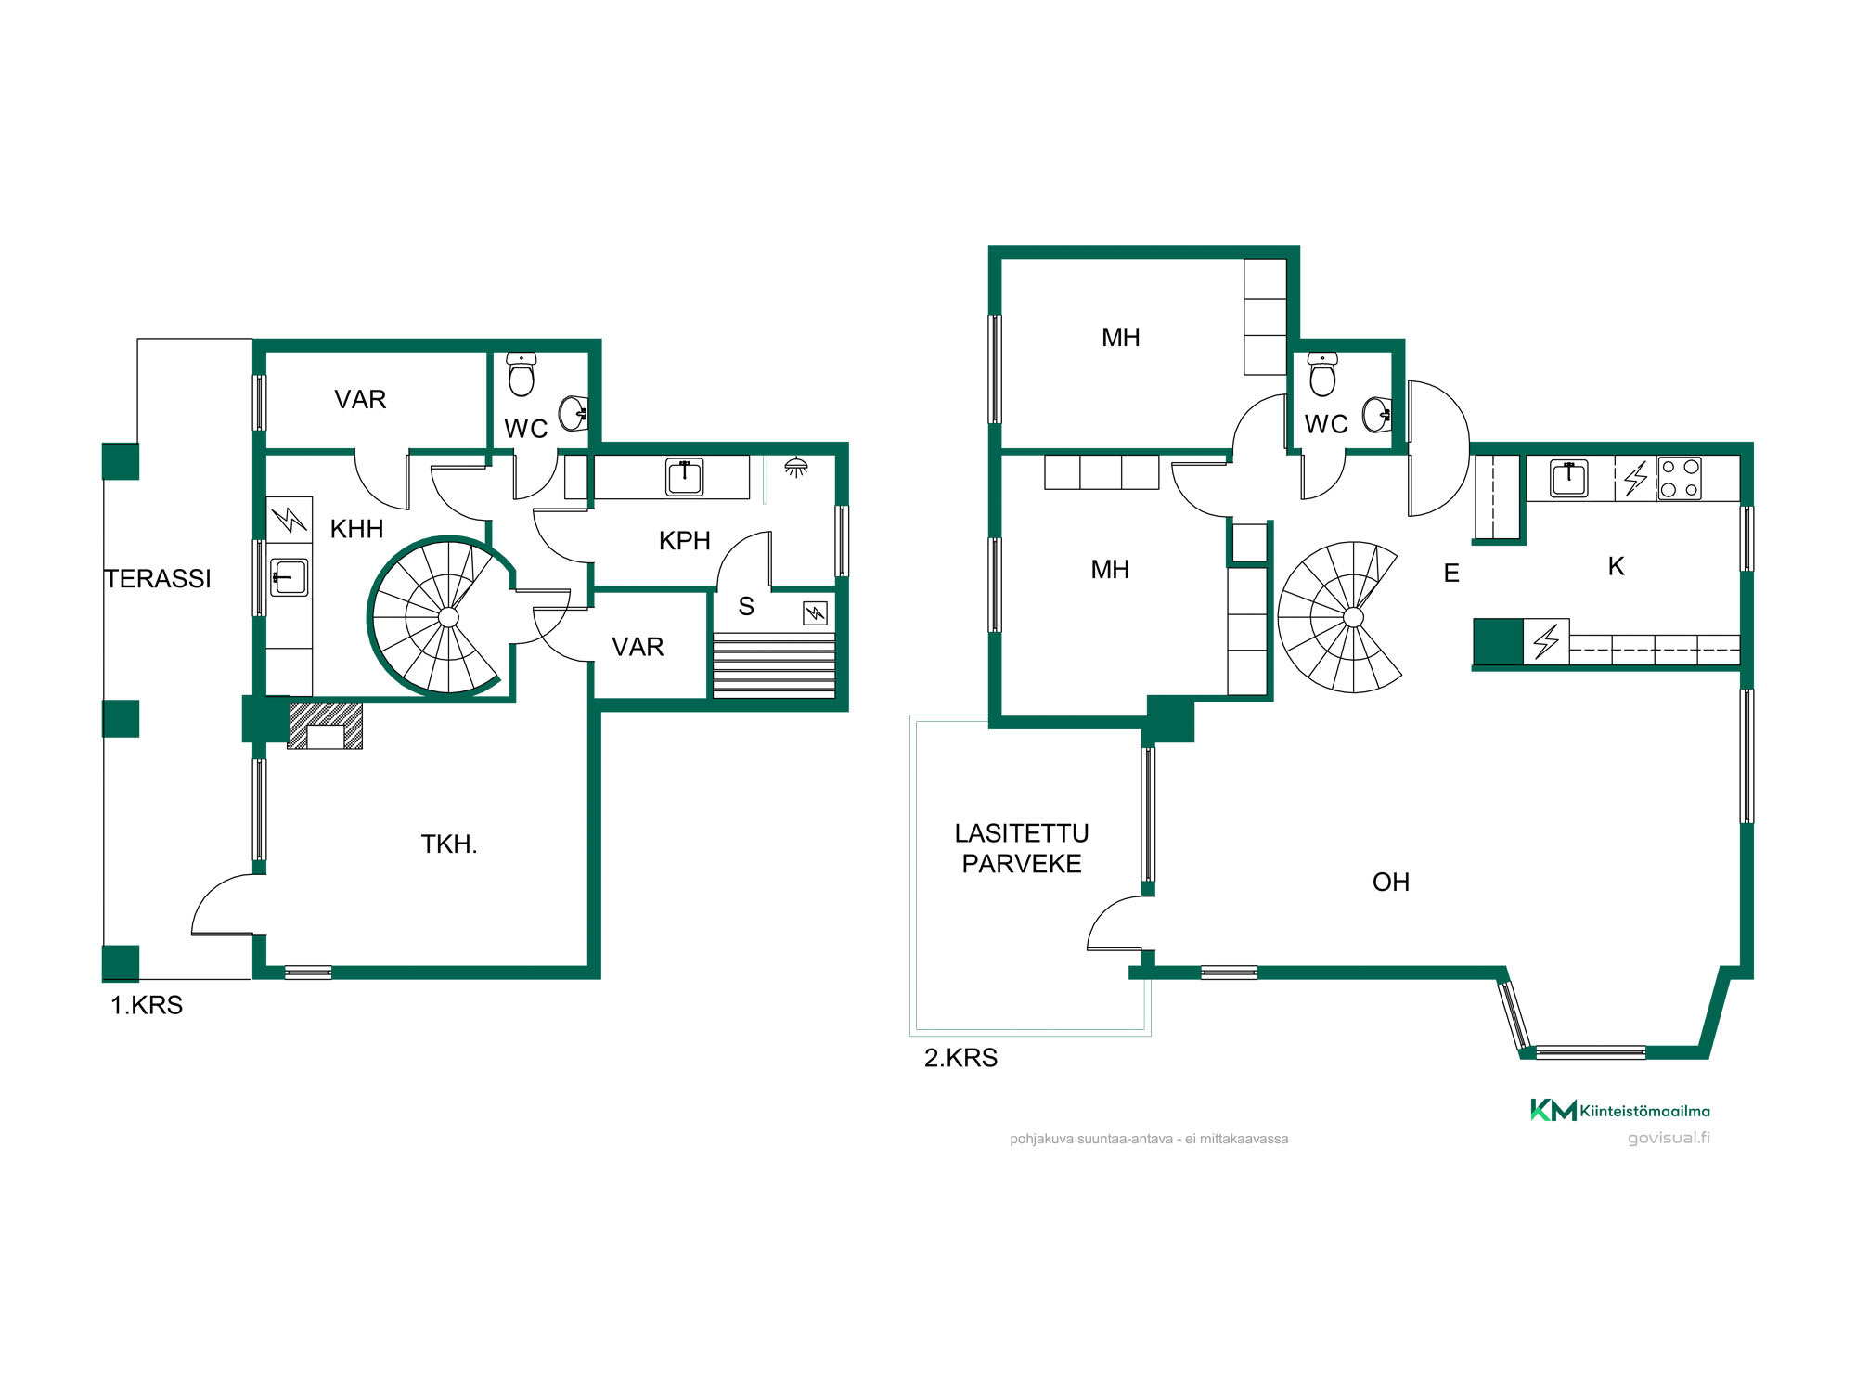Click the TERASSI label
click(158, 579)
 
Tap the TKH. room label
click(449, 844)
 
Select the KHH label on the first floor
click(356, 529)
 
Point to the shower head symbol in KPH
click(795, 466)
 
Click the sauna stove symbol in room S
click(815, 612)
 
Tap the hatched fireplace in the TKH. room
click(325, 726)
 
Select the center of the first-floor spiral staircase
click(448, 617)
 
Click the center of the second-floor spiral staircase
click(1353, 617)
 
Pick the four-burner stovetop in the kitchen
click(1680, 478)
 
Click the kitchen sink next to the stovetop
click(1569, 479)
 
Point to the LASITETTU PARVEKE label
click(1022, 848)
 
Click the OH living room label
click(1390, 883)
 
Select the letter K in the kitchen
click(1616, 567)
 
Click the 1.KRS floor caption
click(147, 1005)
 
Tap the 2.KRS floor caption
click(960, 1058)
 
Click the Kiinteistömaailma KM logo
click(1619, 1110)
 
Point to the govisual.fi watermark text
click(1669, 1138)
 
